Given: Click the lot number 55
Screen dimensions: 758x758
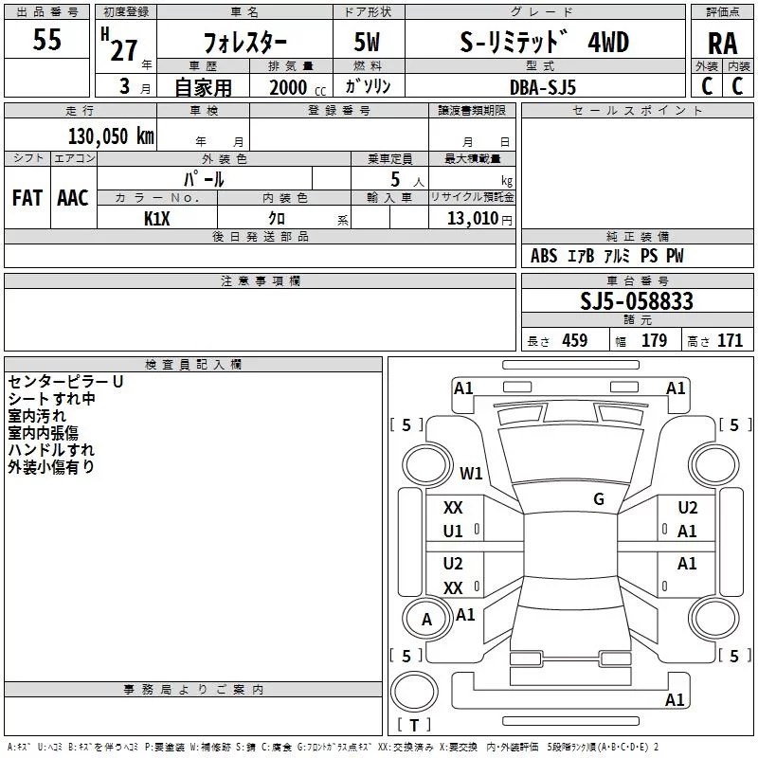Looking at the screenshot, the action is point(48,41).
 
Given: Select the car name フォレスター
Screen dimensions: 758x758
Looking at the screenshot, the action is point(245,43).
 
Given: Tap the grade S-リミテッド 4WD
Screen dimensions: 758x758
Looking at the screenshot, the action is point(542,42).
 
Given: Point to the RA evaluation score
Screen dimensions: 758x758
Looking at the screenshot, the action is point(723,43).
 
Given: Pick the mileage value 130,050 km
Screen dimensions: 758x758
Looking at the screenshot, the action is point(110,135).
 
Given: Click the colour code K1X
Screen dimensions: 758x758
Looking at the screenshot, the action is point(156,219).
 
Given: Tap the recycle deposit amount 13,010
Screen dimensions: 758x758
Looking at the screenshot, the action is point(473,219).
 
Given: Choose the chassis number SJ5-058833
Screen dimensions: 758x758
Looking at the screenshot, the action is point(637,301).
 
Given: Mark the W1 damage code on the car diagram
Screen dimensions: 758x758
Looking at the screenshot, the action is point(471,473).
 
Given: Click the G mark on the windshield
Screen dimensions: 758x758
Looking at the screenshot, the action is point(599,499).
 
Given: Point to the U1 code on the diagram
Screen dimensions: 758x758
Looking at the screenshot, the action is point(454,532).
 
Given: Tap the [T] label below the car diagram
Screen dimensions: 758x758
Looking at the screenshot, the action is point(413,725).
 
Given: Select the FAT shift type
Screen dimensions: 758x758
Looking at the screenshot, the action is point(27,198).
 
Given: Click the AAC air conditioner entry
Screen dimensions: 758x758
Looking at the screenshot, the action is point(73,198).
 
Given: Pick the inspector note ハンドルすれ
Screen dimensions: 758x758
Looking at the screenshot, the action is point(51,450).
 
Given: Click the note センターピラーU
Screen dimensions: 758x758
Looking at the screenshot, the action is point(65,382).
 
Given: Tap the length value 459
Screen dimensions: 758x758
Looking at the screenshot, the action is point(574,341).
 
